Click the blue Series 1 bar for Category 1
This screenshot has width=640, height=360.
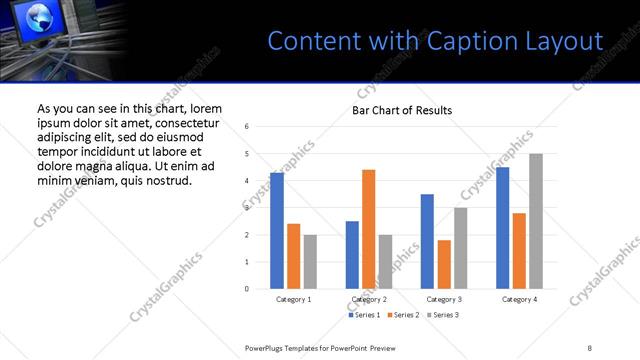pos(277,231)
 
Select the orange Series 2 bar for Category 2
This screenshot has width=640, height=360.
pos(368,229)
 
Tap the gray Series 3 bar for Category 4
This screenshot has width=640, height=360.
pos(536,221)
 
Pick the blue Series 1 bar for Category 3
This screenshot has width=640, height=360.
pos(427,241)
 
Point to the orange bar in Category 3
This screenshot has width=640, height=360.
pos(444,264)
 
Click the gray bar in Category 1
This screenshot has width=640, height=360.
pos(310,262)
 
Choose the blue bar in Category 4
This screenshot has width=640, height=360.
pos(502,228)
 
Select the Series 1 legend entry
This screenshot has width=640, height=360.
pos(364,315)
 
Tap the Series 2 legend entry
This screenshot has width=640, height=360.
pos(403,315)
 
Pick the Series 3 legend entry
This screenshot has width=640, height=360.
pos(442,315)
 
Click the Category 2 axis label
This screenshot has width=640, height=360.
pos(369,299)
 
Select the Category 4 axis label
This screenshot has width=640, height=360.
pos(519,299)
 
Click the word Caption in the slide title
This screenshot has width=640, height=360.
pos(468,41)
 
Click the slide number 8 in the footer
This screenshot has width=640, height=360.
pos(590,347)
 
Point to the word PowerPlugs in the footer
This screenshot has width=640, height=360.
pos(267,347)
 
